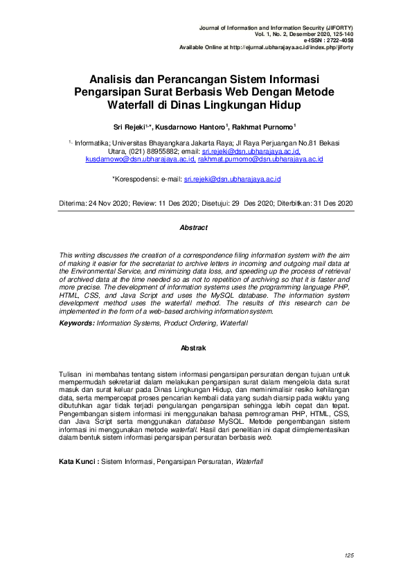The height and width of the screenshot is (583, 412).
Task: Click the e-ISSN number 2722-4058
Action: pos(338,40)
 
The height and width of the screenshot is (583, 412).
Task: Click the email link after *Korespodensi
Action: pos(231,179)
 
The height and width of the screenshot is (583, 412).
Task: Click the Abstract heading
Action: pos(193,227)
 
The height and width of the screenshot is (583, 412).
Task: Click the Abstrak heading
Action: pos(193,348)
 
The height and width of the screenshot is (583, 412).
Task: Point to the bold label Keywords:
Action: pos(76,323)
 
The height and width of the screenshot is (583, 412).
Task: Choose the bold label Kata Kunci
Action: pos(78,460)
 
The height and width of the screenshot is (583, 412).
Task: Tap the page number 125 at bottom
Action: pos(348,556)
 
